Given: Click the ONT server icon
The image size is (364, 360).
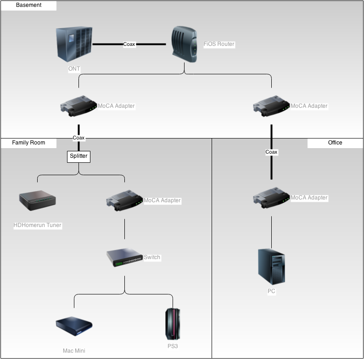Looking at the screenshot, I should point(73,44).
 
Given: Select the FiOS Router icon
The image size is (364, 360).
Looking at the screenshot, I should point(184,44).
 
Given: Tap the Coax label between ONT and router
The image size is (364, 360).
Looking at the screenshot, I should point(129,44).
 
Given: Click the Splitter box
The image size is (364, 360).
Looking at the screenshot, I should point(78,156).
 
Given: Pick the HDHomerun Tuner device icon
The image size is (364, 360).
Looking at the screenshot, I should point(37,201).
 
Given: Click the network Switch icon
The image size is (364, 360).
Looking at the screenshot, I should point(124,258).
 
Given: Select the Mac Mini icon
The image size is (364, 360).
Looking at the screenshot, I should point(74,326).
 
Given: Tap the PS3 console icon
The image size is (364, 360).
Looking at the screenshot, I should point(173,324).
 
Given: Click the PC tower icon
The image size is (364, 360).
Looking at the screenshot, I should point(271,266).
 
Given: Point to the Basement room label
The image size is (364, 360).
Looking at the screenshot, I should point(28,6).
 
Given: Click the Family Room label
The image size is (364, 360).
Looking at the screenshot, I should point(28,143).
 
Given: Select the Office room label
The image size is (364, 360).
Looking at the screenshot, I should point(335,143).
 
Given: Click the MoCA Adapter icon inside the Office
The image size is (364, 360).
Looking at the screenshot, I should point(271,198).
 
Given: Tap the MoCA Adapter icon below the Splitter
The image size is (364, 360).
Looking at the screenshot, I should point(124,201).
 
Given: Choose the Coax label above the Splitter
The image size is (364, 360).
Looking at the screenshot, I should point(78,138).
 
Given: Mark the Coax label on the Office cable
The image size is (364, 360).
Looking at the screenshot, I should point(271,152).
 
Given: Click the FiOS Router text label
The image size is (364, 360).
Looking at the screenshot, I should point(219,44).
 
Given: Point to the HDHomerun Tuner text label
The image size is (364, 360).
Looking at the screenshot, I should point(38,225).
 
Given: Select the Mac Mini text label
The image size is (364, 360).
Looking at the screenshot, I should point(74,351).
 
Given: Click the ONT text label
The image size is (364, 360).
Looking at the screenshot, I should point(74,69).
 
